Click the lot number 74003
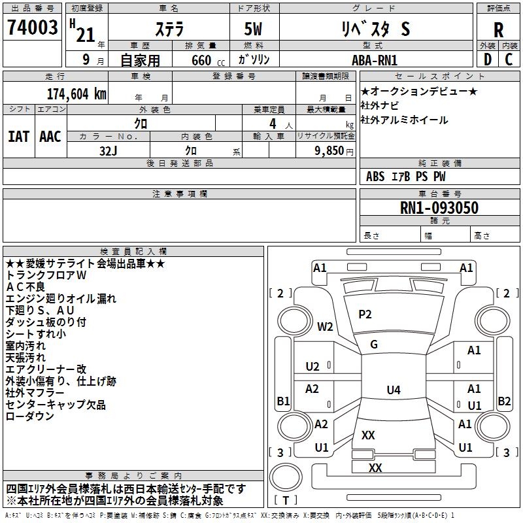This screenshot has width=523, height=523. [32, 27]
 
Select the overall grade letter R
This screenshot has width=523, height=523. [498, 30]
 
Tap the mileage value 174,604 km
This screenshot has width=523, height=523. [76, 94]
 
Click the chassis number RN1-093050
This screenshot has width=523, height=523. [439, 208]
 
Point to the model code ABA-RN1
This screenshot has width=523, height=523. [375, 60]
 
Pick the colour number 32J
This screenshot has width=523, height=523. [109, 151]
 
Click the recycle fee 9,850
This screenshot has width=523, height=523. [329, 151]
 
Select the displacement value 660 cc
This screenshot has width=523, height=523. [208, 60]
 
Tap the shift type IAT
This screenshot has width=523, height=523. [18, 137]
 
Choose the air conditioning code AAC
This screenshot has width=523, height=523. [50, 137]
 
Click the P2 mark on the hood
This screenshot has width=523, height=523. [365, 314]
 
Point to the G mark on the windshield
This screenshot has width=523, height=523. [374, 345]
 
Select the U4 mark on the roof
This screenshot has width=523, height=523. [394, 390]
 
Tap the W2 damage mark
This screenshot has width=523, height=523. [325, 326]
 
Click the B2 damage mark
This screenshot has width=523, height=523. [504, 401]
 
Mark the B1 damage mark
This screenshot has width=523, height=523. [283, 401]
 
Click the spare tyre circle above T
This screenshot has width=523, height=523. [286, 477]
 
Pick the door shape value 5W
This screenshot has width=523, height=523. [253, 29]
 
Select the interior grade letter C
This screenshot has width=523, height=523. [509, 59]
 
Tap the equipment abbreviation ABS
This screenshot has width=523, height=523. [375, 177]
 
